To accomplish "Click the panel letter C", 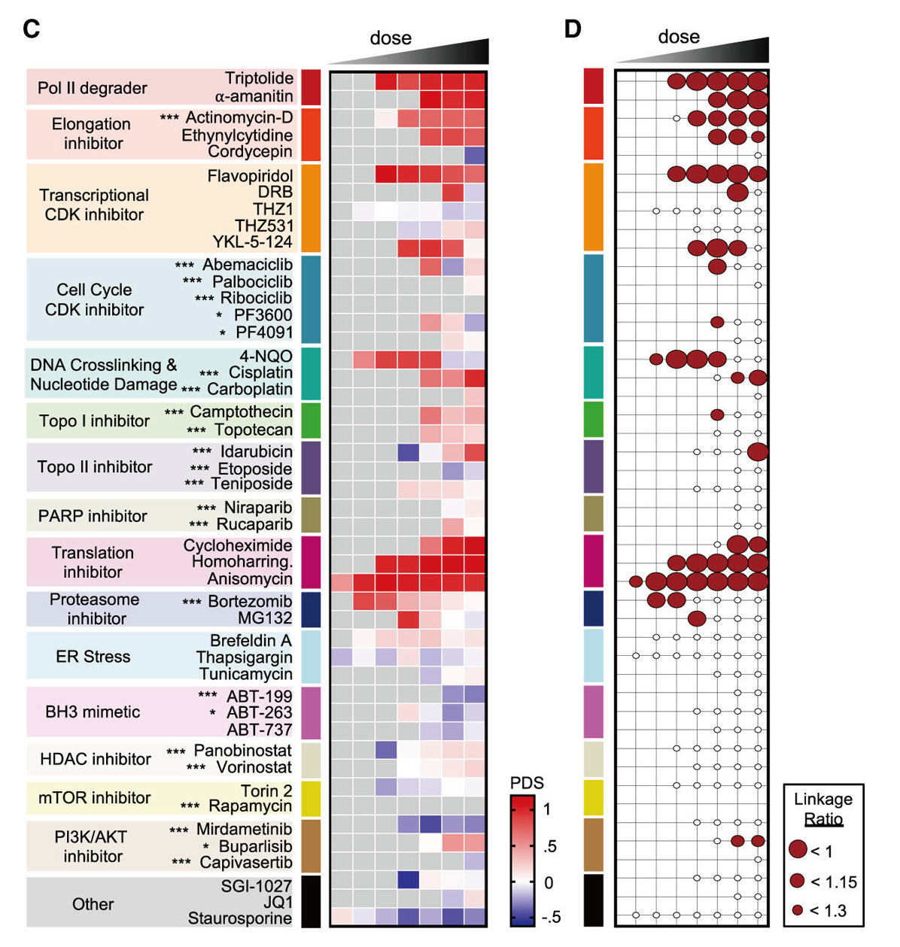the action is pos(32,29).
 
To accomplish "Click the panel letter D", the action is pos(572,29).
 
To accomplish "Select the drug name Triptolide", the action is pos(259,78).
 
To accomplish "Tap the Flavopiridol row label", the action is pos(250,176).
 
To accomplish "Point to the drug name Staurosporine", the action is pos(239,918).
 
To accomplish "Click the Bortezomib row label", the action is pos(250,601).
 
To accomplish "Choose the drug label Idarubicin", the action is pos(257,451).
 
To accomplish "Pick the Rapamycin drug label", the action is pos(250,806).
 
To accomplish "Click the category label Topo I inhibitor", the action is pos(95,420).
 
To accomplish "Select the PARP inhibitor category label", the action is pos(93,516).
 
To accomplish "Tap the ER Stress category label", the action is pos(93,657).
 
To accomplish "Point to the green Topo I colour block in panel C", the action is pos(311,420).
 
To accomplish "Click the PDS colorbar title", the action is pos(527,783).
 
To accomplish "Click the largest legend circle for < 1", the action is pos(798,848).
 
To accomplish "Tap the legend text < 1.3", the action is pos(829,910).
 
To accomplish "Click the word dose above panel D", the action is pos(679,37).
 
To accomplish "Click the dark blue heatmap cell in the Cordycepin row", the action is pos(475,155).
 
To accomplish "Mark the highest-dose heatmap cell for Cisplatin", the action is pos(475,378).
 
